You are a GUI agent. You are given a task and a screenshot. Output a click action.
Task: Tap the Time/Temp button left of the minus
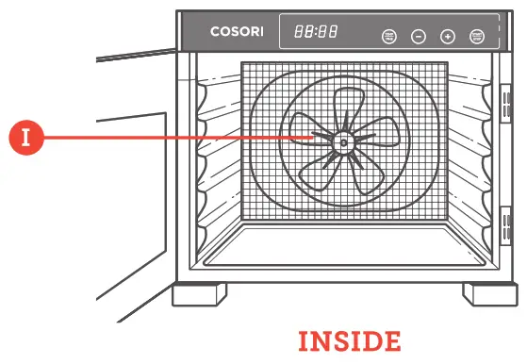[389, 37]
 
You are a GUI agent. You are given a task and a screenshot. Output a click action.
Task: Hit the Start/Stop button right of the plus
[476, 37]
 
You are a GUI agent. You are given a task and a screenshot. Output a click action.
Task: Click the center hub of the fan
[341, 143]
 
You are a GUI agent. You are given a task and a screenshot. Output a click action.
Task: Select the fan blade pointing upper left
[307, 126]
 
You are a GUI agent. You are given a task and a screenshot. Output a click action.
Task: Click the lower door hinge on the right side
[505, 227]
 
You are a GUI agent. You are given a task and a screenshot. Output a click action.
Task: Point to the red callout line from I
[179, 138]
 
